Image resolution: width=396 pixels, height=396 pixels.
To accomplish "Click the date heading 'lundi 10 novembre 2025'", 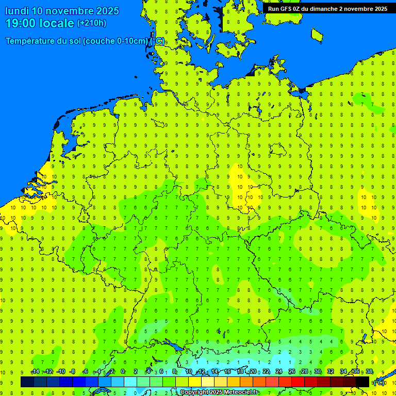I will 62,11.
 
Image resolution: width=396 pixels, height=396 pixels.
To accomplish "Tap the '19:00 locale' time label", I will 40,23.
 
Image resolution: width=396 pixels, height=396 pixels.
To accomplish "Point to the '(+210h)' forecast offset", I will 92,23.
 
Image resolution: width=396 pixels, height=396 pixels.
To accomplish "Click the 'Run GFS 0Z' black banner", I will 327,8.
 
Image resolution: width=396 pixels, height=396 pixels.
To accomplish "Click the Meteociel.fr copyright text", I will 219,392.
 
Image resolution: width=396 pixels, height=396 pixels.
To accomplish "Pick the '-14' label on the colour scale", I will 35,372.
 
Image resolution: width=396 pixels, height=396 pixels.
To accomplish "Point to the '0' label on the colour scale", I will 123,372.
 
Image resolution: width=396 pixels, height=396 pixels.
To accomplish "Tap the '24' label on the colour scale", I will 279,372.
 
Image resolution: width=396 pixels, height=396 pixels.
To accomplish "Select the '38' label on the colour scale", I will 369,372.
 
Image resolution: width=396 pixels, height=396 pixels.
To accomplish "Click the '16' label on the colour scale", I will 227,372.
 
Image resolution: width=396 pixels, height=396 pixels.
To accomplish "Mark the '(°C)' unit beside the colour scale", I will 379,382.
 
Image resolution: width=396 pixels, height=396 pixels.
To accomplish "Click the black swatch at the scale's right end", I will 362,382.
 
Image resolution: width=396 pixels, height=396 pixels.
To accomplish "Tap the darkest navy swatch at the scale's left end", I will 27,382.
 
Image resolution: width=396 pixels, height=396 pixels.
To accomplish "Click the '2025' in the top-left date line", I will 108,11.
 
